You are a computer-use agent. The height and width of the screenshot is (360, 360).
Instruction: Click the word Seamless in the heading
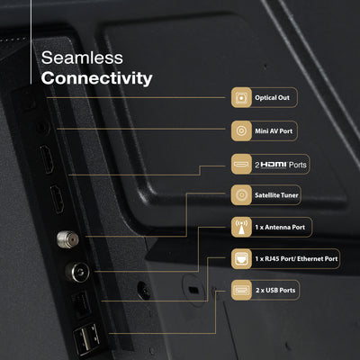pyautogui.click(x=82, y=58)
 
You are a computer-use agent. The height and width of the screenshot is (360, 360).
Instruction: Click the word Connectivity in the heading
pyautogui.click(x=96, y=78)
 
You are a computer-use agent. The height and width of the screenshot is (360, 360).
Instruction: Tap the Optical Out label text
pyautogui.click(x=272, y=97)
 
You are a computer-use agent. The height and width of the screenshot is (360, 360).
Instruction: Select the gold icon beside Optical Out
pyautogui.click(x=241, y=97)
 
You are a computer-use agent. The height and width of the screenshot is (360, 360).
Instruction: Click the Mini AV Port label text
pyautogui.click(x=274, y=130)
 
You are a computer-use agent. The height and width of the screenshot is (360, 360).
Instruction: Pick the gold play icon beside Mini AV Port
pyautogui.click(x=241, y=130)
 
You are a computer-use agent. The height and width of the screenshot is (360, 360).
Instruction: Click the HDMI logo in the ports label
pyautogui.click(x=274, y=165)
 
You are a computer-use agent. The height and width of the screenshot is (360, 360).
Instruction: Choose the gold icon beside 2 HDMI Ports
pyautogui.click(x=241, y=164)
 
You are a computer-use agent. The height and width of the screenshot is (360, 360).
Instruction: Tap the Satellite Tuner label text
pyautogui.click(x=276, y=195)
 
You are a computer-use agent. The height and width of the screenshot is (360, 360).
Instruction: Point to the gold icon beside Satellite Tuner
pyautogui.click(x=241, y=195)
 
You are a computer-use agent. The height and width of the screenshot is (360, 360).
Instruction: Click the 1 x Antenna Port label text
pyautogui.click(x=280, y=227)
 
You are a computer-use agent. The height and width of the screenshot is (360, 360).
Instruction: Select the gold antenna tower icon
pyautogui.click(x=241, y=228)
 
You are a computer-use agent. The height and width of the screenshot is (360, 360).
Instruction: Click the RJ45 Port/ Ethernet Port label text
pyautogui.click(x=296, y=258)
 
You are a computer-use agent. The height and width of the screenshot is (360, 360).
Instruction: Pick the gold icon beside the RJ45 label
pyautogui.click(x=241, y=259)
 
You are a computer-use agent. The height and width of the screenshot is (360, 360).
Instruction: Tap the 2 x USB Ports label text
pyautogui.click(x=275, y=290)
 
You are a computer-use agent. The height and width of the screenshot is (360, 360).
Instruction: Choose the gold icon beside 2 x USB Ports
pyautogui.click(x=241, y=290)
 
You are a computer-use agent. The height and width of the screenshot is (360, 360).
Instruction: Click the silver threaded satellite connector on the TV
pyautogui.click(x=67, y=239)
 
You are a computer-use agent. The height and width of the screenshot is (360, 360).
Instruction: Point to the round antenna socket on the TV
pyautogui.click(x=77, y=272)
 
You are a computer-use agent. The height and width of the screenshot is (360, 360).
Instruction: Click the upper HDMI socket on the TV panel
pyautogui.click(x=47, y=159)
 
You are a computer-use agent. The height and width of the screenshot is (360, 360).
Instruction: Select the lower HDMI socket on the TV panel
pyautogui.click(x=57, y=199)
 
